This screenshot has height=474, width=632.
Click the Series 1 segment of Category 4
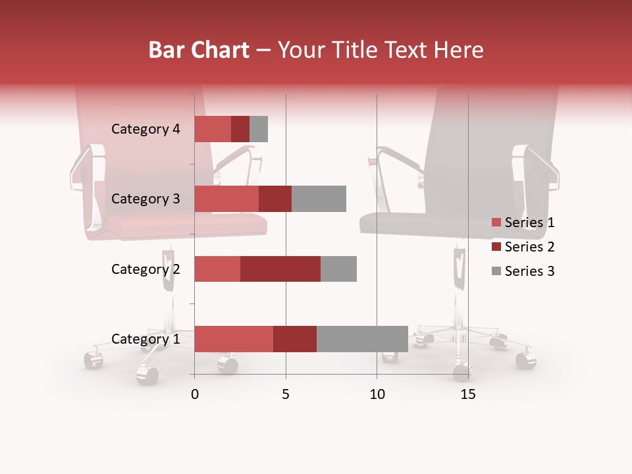(213, 129)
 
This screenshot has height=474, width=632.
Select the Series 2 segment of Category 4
(240, 129)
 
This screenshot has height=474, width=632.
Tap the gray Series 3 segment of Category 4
(259, 129)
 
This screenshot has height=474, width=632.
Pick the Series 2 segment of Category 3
(275, 199)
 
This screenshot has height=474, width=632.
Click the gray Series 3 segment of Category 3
(319, 199)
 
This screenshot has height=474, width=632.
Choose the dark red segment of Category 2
(280, 269)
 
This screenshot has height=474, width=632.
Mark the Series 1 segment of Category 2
(217, 269)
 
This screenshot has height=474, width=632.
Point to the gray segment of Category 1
(362, 339)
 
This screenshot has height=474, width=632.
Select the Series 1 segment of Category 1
(234, 339)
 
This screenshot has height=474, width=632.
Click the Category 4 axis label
(145, 129)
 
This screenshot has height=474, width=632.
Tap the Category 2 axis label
(145, 269)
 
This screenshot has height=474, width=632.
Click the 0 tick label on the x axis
(195, 394)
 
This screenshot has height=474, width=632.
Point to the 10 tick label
(377, 394)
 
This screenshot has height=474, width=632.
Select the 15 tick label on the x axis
(468, 394)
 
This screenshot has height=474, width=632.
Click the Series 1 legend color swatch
(496, 223)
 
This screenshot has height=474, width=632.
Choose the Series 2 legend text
(529, 247)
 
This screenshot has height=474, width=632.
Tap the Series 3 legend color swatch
(496, 271)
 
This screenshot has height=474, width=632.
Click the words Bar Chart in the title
(199, 50)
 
